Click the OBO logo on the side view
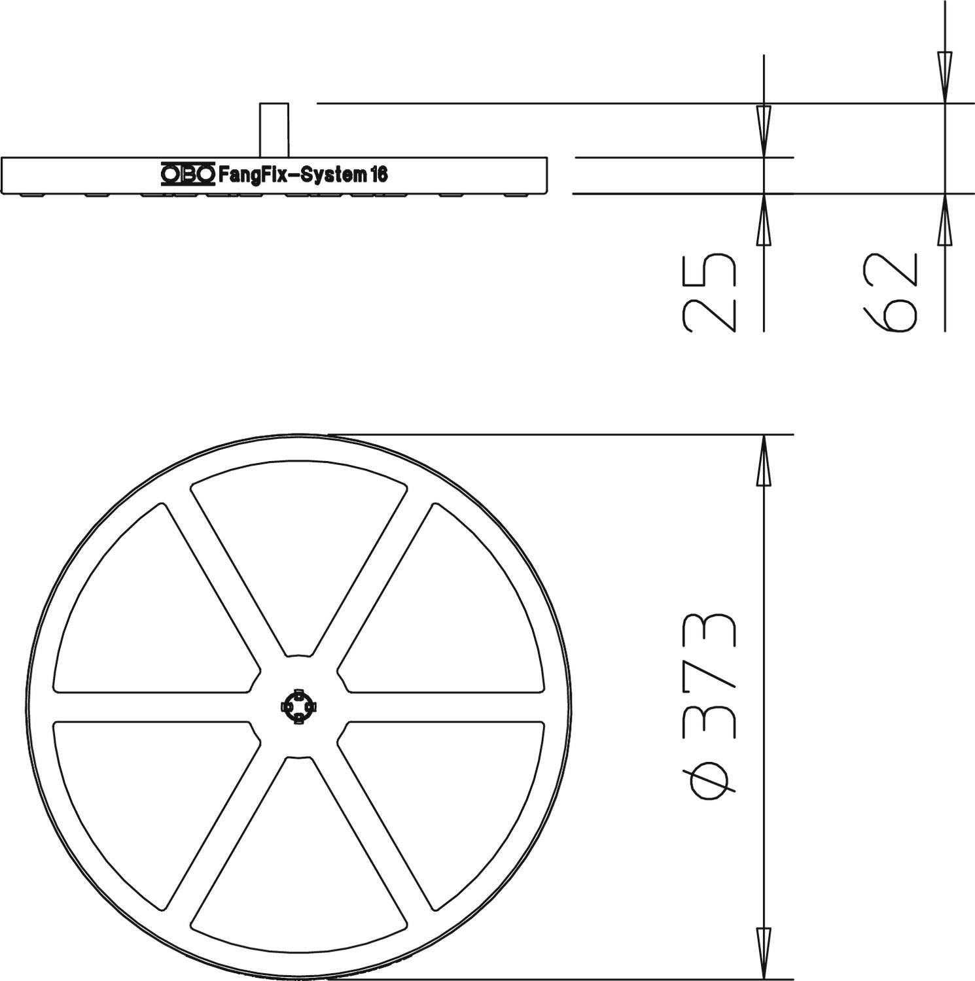(187, 174)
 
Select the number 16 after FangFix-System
(379, 175)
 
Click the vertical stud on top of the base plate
(274, 129)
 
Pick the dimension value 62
(891, 292)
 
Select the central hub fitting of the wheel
(298, 706)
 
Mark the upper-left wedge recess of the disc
(151, 608)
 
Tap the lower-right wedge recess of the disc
(452, 804)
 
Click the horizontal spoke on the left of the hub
(151, 706)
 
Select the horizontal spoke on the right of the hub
(445, 706)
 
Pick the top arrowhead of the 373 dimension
(764, 461)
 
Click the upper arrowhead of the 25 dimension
(764, 131)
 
